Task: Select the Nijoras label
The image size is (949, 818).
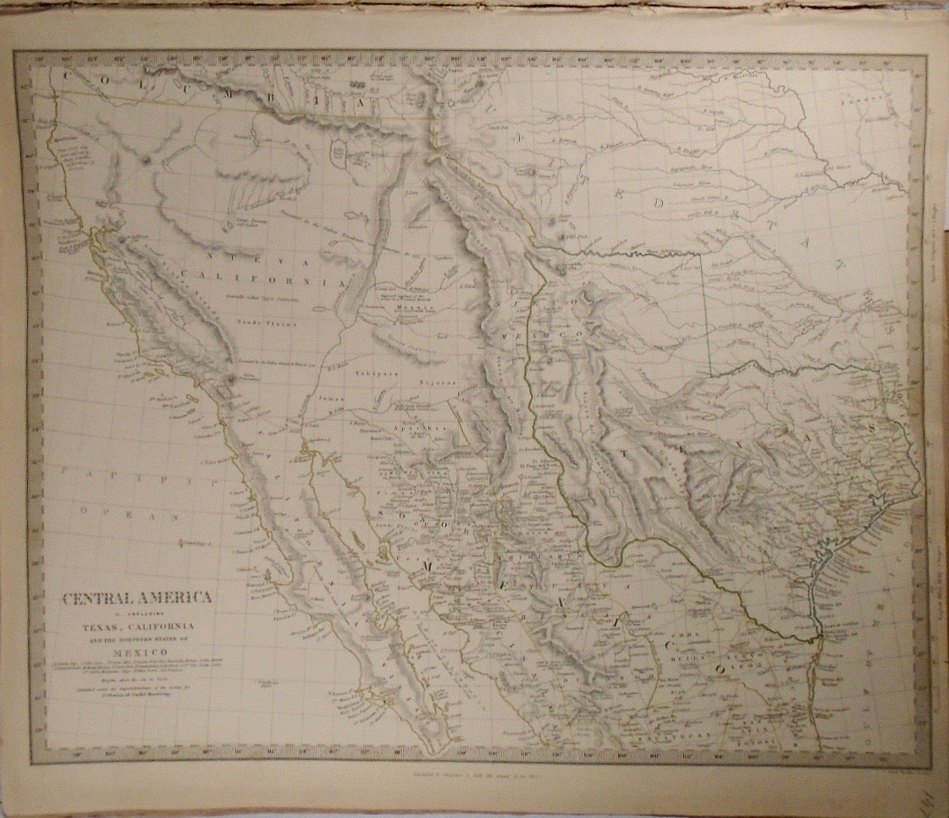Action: click(438, 383)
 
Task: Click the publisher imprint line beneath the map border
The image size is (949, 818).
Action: click(473, 772)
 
